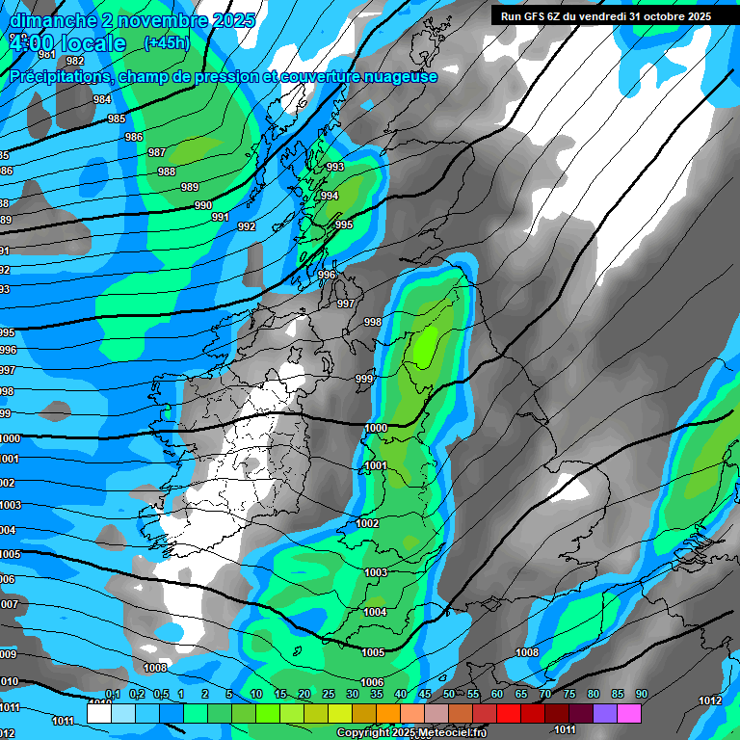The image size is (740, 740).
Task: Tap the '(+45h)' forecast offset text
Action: tap(167, 42)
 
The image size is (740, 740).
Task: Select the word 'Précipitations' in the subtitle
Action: tap(58, 77)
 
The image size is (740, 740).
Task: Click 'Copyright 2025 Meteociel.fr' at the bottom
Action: tap(411, 733)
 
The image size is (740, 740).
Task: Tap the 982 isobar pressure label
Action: tap(75, 61)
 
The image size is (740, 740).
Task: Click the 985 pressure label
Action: tap(117, 119)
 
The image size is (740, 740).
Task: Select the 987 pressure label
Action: tap(157, 153)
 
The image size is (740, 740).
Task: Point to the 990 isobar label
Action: tap(203, 205)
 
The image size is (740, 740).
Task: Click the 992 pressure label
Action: tap(247, 227)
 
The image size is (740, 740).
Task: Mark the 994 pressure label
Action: tap(330, 196)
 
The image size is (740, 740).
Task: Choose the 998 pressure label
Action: tap(373, 322)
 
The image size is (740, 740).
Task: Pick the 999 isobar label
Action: tap(364, 379)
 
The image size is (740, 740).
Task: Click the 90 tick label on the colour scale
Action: tap(641, 695)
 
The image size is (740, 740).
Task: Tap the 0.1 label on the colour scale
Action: tap(113, 695)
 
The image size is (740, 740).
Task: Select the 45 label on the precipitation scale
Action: tap(425, 695)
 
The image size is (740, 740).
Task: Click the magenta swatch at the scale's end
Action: tap(629, 713)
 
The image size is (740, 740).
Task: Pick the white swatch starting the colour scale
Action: tap(99, 713)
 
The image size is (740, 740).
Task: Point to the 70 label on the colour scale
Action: tap(545, 695)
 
